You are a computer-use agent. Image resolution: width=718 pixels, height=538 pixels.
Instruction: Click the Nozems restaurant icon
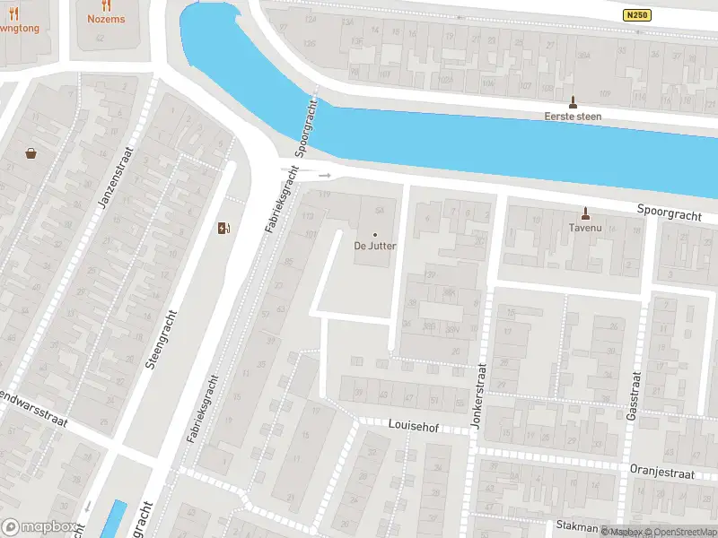point(106,4)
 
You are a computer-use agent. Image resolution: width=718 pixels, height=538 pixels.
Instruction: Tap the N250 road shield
point(636,16)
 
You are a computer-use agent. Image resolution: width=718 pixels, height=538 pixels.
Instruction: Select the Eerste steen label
point(573,117)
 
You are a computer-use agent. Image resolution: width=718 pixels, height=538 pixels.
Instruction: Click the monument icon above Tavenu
point(585,213)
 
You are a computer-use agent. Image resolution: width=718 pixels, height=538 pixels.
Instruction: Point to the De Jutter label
point(375,245)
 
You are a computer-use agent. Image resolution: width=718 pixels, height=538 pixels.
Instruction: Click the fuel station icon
point(223,228)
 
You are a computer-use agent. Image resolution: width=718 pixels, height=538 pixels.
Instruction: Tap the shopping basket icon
point(31,153)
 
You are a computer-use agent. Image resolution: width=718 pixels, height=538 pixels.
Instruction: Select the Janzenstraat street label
point(115,186)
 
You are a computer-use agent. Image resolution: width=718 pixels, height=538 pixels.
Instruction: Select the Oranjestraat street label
point(663,473)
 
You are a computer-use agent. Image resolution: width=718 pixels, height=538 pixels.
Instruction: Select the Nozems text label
point(106,19)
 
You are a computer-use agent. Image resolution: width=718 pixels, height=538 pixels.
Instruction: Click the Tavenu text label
point(585,228)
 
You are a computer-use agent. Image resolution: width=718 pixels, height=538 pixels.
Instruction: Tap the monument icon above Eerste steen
point(573,101)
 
